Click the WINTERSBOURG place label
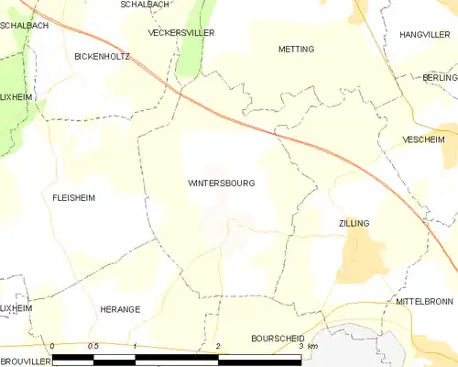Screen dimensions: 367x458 pos(221,183)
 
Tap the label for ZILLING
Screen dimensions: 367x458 pos(354,223)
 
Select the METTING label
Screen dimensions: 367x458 pos(296,49)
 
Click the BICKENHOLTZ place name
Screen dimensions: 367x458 pos(103,56)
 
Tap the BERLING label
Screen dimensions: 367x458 pos(439,78)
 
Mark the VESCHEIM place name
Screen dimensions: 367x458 pos(423,140)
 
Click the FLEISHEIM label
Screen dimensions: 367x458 pos(74,197)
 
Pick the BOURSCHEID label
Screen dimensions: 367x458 pos(277,339)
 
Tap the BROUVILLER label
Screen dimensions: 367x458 pos(21,361)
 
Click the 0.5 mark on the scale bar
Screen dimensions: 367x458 pos(93,346)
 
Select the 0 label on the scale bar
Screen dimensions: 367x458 pos(53,346)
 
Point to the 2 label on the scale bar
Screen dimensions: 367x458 pos(218,346)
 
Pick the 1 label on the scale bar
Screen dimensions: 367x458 pos(136,346)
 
